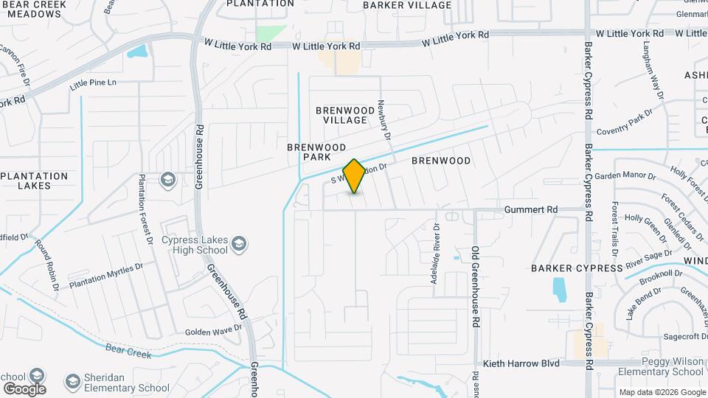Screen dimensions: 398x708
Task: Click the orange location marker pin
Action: [355, 176]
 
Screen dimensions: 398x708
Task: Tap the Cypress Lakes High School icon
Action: [238, 242]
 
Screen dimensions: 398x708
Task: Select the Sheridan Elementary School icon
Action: [72, 381]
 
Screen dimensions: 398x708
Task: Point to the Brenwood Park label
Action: [313, 152]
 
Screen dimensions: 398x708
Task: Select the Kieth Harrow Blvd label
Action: [521, 363]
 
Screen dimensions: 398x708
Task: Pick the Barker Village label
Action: [407, 5]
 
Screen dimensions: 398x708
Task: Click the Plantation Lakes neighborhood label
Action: [35, 181]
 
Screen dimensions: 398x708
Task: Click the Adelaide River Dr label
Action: [436, 254]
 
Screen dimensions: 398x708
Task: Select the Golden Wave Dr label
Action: [213, 332]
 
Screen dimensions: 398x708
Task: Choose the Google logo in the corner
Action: [24, 388]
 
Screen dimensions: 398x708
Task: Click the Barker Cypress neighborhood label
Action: [577, 268]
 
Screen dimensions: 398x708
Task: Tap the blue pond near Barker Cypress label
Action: [560, 289]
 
